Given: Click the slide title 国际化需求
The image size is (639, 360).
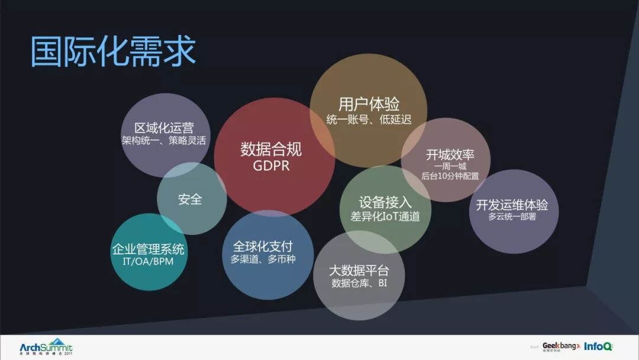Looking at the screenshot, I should click(x=113, y=52).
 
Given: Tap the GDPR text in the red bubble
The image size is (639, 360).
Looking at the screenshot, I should click(x=271, y=166).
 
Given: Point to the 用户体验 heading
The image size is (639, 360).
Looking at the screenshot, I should click(x=369, y=104).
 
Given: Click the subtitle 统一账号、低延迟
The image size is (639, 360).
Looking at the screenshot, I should click(x=369, y=120).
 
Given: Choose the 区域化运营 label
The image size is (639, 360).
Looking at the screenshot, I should click(x=164, y=128).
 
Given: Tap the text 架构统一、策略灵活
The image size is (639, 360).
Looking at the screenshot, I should click(x=164, y=142).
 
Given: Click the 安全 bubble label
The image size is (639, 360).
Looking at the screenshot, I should click(x=190, y=199).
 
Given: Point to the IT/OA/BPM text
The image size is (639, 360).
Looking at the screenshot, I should click(x=149, y=262).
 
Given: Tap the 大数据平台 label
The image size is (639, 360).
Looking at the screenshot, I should click(x=359, y=271).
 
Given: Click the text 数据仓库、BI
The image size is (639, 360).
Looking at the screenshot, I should click(x=359, y=284).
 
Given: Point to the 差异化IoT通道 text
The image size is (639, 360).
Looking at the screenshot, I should click(x=385, y=217).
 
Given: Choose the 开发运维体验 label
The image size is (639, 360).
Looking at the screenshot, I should click(x=512, y=205).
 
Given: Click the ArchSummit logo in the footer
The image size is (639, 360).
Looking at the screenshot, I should click(x=46, y=346).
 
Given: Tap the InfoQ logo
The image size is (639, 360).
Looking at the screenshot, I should click(x=598, y=346).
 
